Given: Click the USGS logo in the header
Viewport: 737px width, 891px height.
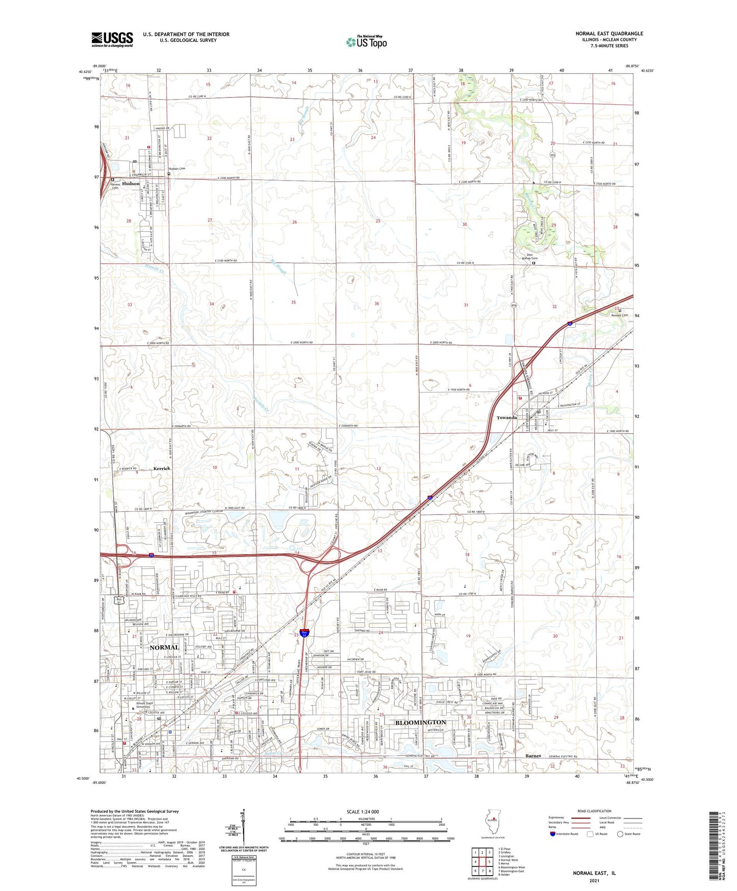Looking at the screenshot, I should tap(112, 39).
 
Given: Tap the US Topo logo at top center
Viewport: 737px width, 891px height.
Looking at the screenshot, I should tap(366, 42).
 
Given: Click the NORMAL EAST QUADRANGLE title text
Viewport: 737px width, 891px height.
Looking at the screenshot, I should tap(609, 34).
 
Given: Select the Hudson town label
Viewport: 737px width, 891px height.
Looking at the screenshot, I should tap(131, 184).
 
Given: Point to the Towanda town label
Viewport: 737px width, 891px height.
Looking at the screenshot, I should tap(507, 417).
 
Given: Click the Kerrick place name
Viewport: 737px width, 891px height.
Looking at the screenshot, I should tap(162, 468).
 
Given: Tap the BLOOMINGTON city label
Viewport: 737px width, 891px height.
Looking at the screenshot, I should tap(420, 722).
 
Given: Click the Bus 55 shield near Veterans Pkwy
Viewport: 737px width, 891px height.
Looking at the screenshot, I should tap(304, 633).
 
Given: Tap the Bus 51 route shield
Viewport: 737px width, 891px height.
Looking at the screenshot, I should tap(119, 600).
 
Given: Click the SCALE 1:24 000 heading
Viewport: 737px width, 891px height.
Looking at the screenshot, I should tap(362, 811).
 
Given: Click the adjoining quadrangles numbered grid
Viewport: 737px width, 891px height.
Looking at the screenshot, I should tap(482, 863).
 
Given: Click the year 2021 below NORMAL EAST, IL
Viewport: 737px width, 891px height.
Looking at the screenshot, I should tap(594, 880).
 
